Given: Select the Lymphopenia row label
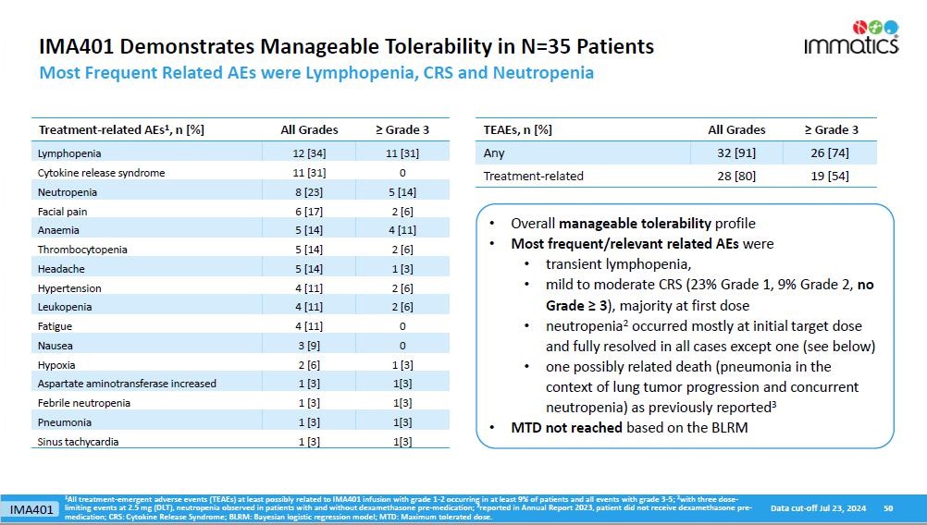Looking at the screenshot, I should [x=69, y=153].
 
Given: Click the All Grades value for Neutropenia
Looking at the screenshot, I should [x=309, y=192].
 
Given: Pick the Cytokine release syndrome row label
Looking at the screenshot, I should [x=101, y=173].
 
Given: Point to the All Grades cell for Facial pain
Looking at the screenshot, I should [x=309, y=212].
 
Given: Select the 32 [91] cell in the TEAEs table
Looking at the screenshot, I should [x=736, y=153].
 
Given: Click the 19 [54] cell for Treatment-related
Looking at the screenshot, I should [x=829, y=176].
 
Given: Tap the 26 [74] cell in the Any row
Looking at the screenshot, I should [x=829, y=153].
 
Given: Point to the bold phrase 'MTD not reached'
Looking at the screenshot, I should [x=566, y=428].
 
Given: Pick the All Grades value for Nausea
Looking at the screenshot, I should [x=309, y=346].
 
